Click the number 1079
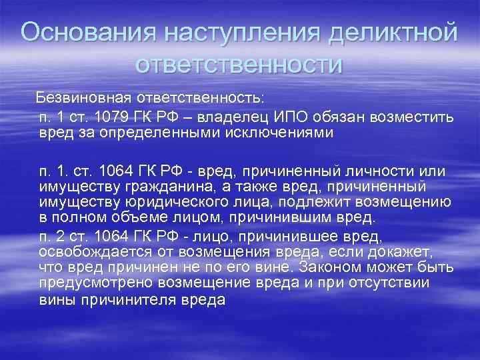click(x=117, y=117)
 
